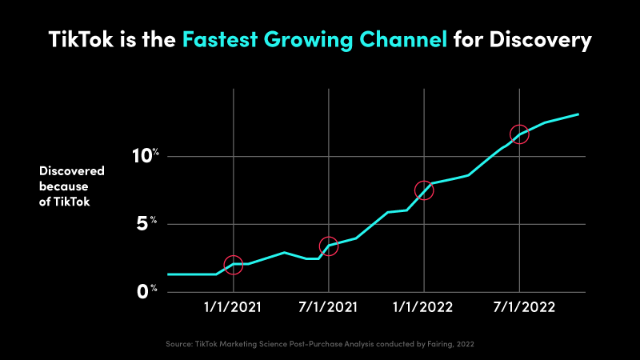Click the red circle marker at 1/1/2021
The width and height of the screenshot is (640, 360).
coord(233,265)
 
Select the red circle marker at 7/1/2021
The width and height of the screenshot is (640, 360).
coord(328,246)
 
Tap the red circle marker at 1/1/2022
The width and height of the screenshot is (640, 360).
coord(424,190)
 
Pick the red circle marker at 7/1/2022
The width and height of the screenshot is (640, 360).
coord(519,134)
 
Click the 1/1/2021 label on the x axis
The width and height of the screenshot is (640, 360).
coord(233,307)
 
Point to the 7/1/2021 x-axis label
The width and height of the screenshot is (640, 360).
coord(329,307)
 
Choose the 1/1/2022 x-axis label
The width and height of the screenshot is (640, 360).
coord(424,307)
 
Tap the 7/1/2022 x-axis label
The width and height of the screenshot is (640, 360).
coord(520,307)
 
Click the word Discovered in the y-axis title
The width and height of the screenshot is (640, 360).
coord(72,171)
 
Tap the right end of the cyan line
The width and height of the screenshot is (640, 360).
coord(578,114)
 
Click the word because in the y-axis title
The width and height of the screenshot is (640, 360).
coord(63,186)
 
